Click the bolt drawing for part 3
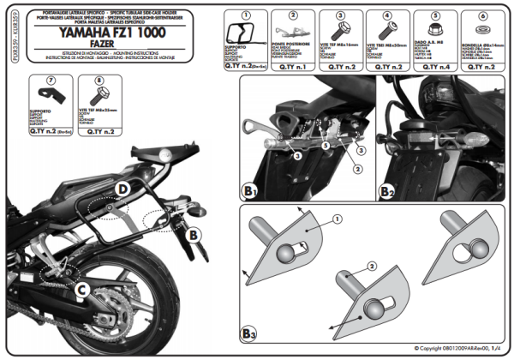[x=332, y=39]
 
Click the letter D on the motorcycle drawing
[x=123, y=188]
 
